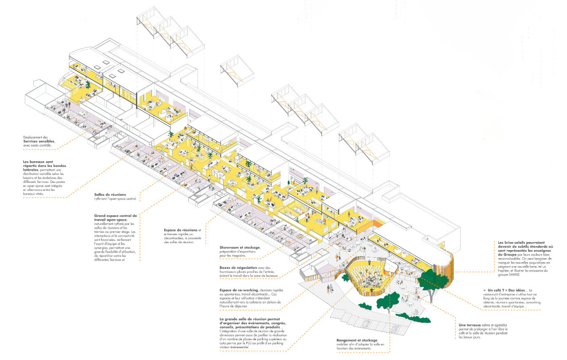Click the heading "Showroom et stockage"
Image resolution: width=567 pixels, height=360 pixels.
pyautogui.click(x=239, y=247)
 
